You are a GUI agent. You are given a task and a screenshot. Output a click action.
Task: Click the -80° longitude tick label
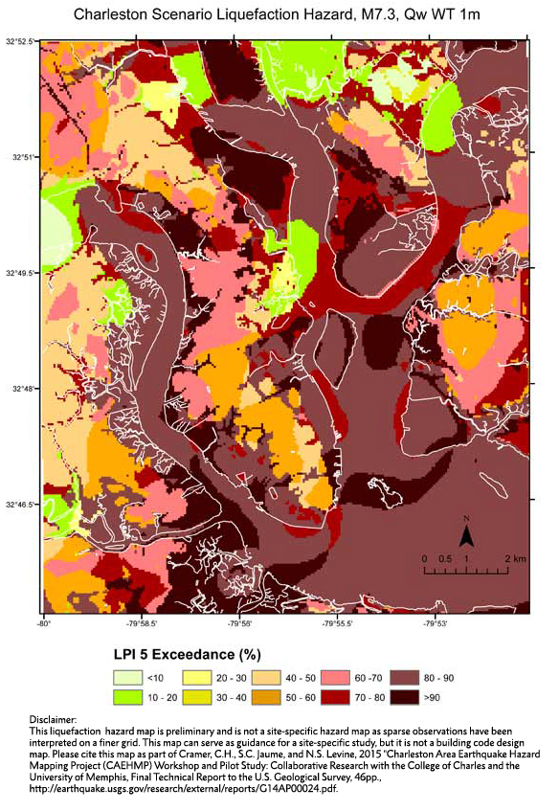coord(43,623)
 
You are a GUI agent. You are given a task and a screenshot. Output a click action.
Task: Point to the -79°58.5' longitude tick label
coord(142,623)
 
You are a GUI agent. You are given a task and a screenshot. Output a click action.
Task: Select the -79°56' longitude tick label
coord(240,623)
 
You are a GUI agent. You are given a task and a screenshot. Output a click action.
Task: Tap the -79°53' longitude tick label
coord(436,623)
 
